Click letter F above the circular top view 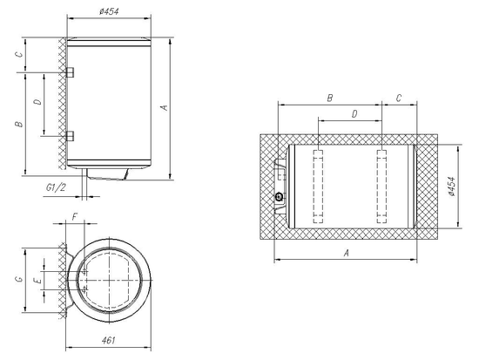(x=76, y=214)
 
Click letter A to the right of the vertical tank (x=163, y=107)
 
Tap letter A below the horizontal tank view (x=346, y=253)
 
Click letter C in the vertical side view (x=18, y=54)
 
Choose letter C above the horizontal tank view (x=398, y=98)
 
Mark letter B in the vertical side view (x=18, y=125)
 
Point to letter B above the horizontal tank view (x=328, y=98)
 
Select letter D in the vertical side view (x=36, y=103)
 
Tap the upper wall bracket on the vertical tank (x=70, y=71)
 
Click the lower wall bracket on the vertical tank (x=70, y=135)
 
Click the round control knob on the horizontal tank (x=279, y=197)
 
